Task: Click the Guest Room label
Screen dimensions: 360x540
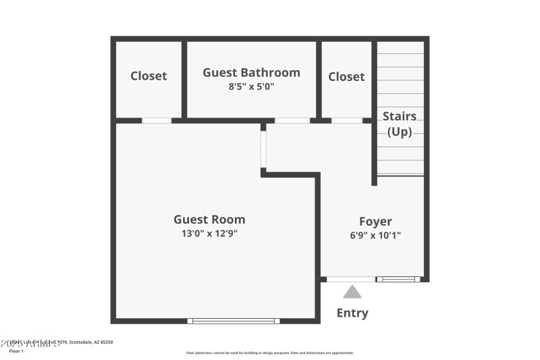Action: [x=209, y=220]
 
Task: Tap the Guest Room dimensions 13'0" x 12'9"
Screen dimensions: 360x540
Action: [x=209, y=234]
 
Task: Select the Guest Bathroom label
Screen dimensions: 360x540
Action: [x=251, y=73]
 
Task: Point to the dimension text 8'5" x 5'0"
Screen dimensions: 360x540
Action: [x=251, y=87]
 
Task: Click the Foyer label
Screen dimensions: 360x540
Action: [x=375, y=222]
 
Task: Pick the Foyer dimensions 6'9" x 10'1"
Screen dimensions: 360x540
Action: [x=375, y=236]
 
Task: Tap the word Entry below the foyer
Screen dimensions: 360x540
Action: [x=352, y=313]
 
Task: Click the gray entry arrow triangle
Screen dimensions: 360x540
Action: [x=352, y=292]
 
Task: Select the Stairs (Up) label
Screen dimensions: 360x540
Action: [x=400, y=124]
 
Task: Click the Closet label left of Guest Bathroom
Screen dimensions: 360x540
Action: [x=148, y=76]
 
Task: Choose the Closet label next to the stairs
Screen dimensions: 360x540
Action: [x=346, y=77]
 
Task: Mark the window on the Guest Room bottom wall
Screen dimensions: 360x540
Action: [x=234, y=321]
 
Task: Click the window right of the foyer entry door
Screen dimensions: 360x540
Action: [x=399, y=279]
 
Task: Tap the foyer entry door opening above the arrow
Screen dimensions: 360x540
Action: [x=351, y=279]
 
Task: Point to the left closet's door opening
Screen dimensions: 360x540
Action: [x=157, y=121]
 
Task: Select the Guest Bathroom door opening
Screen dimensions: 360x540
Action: [x=292, y=121]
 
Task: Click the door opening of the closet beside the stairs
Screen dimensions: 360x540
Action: [x=347, y=121]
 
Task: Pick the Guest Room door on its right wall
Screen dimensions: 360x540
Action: [x=263, y=149]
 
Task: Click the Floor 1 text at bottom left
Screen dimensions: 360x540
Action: [x=16, y=351]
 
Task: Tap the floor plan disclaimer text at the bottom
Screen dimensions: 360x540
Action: [x=270, y=353]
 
